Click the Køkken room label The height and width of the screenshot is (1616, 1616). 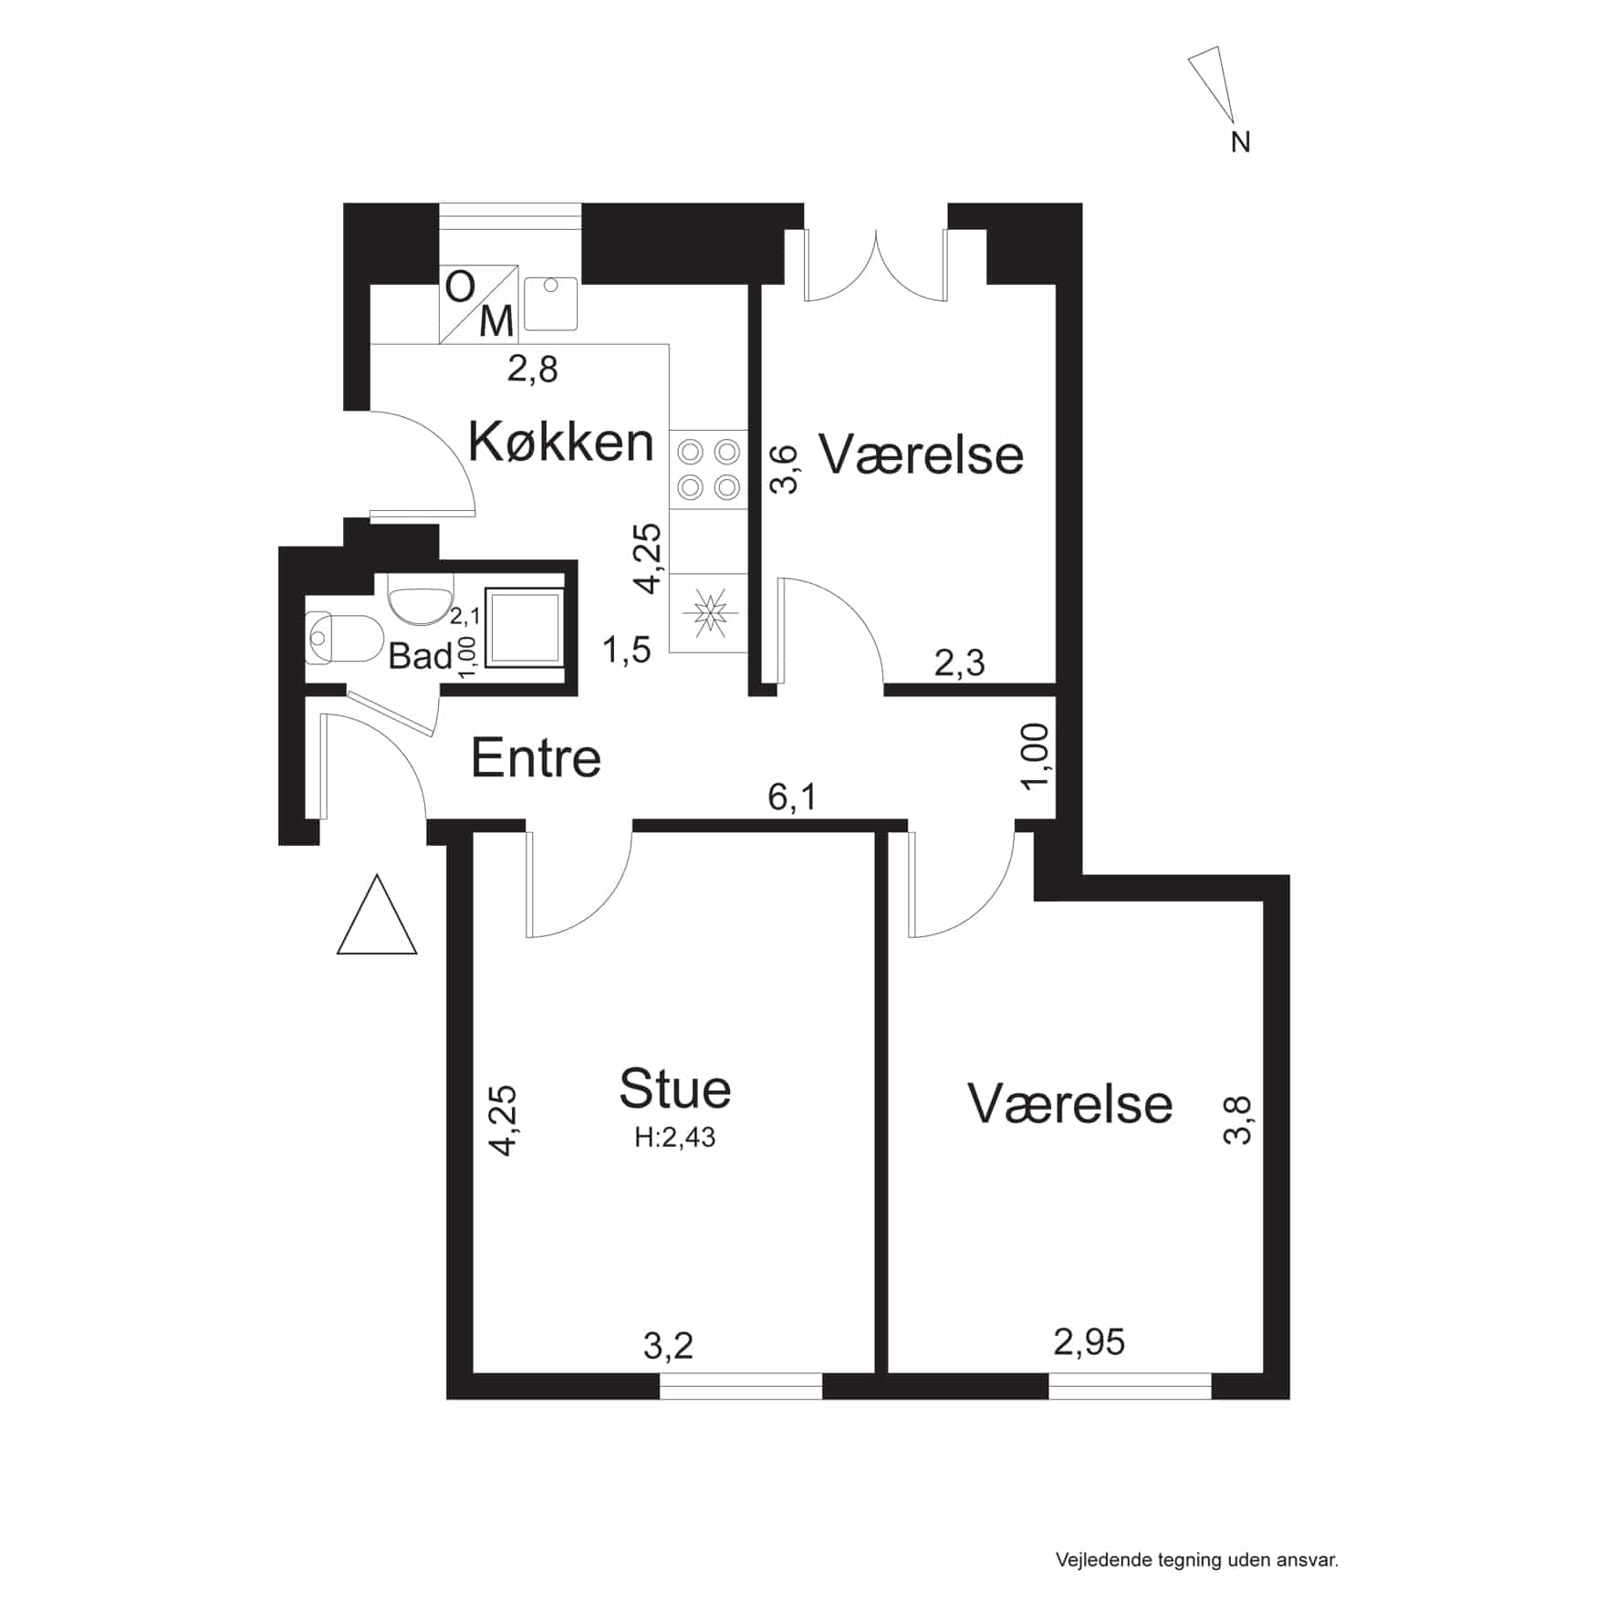pos(560,442)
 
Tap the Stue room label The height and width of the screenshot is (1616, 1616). pos(675,1088)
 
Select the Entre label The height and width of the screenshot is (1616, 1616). pos(536,757)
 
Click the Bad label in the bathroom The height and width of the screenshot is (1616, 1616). pos(420,655)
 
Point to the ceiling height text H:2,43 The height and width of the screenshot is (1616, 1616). pos(675,1137)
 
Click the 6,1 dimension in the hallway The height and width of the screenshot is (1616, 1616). pos(792,797)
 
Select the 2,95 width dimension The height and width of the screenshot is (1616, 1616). pos(1089,1342)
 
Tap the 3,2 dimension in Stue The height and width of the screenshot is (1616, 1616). pos(669,1345)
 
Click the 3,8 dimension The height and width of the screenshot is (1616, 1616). pos(1238,1120)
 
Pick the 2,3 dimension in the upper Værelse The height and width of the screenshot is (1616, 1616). pos(960,662)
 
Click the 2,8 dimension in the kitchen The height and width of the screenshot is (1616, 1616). pos(533,370)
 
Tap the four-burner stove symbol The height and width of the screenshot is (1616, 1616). pos(709,469)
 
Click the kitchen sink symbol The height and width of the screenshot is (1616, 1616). pos(550,304)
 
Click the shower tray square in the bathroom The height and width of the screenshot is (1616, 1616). pos(524,627)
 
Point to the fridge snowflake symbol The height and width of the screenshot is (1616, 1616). pos(709,612)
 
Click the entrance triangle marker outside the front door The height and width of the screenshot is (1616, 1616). pos(377,914)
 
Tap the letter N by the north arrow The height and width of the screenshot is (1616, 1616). pos(1241,142)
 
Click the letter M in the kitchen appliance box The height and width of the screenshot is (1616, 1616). pos(496,322)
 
